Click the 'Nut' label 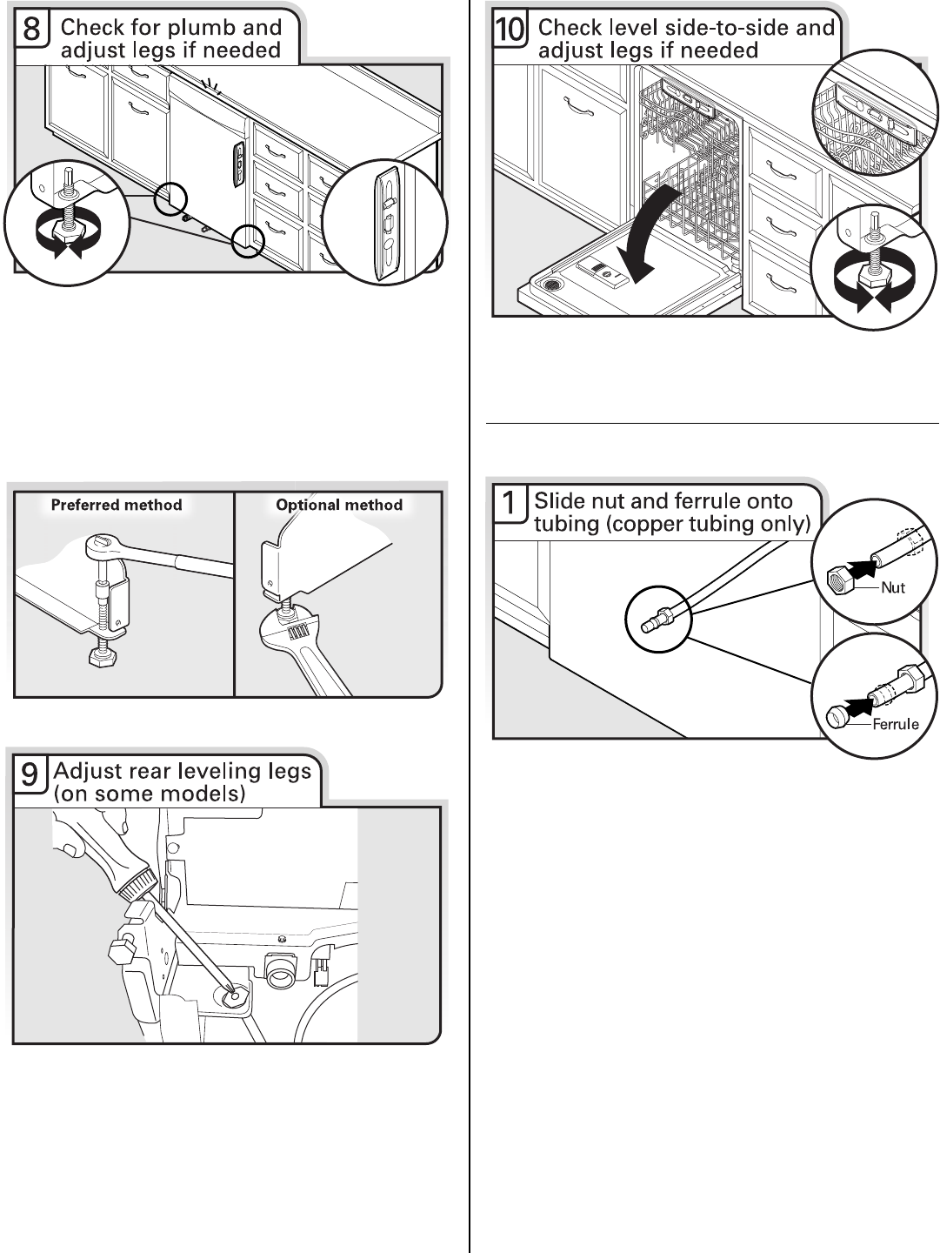892,587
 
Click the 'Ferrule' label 896,724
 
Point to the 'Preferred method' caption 117,505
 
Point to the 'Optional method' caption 339,505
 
